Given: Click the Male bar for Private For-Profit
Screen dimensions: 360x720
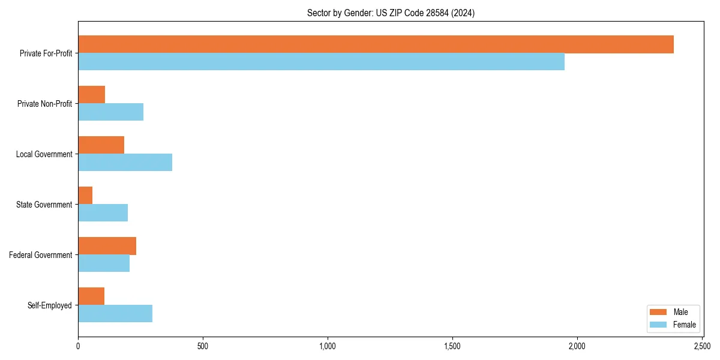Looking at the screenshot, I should [376, 44].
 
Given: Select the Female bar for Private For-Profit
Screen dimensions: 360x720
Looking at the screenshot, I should [321, 62].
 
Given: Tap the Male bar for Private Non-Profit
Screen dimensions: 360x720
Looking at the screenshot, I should [91, 95].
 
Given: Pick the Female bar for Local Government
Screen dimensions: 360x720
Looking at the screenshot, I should [125, 163].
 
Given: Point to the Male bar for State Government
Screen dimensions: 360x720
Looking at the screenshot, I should [85, 196].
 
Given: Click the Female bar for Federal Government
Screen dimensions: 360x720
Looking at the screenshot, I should [104, 263].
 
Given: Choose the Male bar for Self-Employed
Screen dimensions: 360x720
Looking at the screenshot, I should [91, 296].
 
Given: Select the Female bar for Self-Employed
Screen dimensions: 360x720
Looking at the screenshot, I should [115, 314].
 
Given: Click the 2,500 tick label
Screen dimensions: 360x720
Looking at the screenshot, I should [702, 346].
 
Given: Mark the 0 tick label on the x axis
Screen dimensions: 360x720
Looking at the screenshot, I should [78, 346].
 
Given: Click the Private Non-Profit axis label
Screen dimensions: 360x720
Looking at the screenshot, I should [44, 104].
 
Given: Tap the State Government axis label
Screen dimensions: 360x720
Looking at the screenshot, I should [44, 205].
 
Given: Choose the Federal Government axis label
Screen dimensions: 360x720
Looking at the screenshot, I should [41, 255].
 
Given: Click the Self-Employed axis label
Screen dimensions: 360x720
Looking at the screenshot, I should [50, 305].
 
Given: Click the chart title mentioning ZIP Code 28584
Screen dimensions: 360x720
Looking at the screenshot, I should [391, 13].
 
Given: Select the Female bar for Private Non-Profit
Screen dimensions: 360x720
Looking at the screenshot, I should [110, 112].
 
